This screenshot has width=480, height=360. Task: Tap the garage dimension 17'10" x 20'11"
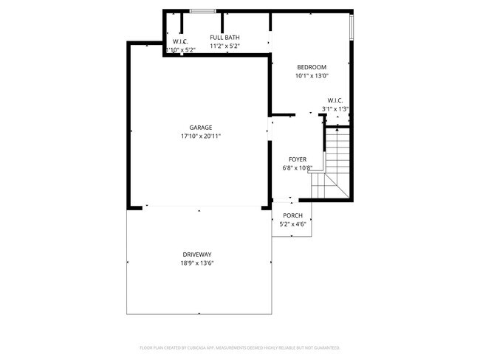click(x=201, y=136)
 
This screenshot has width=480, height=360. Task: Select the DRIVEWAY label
click(x=197, y=254)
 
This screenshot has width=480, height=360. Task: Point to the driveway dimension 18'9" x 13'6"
click(x=197, y=263)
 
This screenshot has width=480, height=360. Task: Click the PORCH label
click(x=292, y=215)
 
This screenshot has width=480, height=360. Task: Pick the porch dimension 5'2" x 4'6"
click(x=292, y=224)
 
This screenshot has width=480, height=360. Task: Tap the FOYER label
click(x=297, y=159)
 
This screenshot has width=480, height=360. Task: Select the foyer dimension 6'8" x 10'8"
click(x=297, y=168)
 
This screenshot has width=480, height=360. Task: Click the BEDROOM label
click(x=311, y=67)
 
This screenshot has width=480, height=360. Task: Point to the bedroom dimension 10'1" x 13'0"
click(x=311, y=75)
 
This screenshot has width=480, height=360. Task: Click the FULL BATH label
click(x=224, y=38)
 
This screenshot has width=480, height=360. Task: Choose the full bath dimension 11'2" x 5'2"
click(x=224, y=46)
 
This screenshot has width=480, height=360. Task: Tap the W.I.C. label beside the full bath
click(x=180, y=41)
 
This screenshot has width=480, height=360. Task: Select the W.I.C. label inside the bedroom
click(x=335, y=100)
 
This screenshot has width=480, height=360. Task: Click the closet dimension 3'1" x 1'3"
click(x=335, y=109)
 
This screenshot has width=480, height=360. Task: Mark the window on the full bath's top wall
click(x=202, y=11)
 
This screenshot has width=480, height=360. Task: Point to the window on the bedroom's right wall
click(x=352, y=27)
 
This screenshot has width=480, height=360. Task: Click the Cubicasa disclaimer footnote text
click(x=240, y=347)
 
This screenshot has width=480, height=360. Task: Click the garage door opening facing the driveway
click(x=197, y=207)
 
